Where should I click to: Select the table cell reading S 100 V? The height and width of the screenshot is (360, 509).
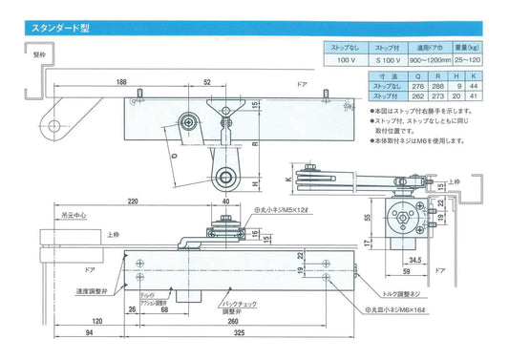(388, 59)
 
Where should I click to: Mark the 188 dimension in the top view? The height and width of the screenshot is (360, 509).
(147, 83)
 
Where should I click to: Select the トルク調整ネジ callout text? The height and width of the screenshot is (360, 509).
(399, 294)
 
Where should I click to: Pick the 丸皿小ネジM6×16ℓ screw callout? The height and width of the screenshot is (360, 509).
(406, 311)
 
